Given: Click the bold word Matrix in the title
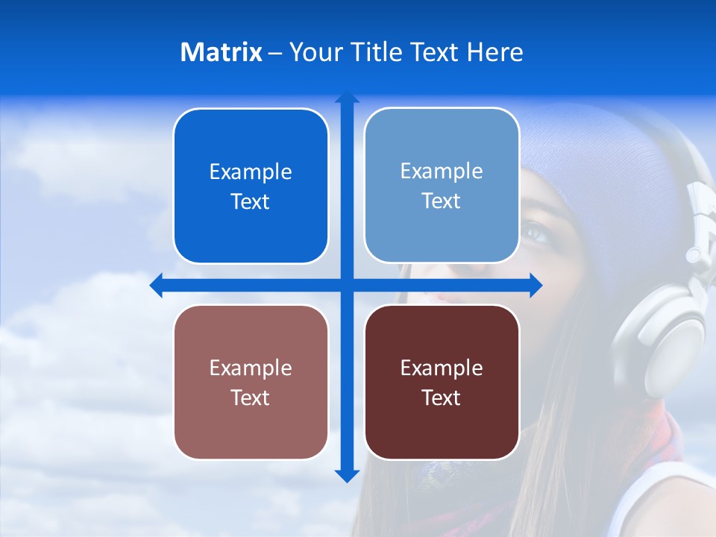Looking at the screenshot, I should tap(222, 52).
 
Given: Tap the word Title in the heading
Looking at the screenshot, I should tap(374, 52).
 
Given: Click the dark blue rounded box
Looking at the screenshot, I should tap(251, 186).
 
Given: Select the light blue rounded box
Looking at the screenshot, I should tap(442, 186).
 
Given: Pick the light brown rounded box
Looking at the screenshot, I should tap(251, 382).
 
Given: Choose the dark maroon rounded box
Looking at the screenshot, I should tap(442, 382).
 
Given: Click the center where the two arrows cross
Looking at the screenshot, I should tap(347, 286).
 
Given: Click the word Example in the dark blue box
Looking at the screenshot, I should tap(251, 172).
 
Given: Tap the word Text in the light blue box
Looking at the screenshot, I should tap(442, 201).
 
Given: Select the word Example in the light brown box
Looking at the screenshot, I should tap(251, 368).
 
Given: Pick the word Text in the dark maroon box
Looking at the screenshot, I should tap(442, 398).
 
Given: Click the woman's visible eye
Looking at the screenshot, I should tap(536, 232).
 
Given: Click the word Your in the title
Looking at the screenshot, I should tap(314, 52).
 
